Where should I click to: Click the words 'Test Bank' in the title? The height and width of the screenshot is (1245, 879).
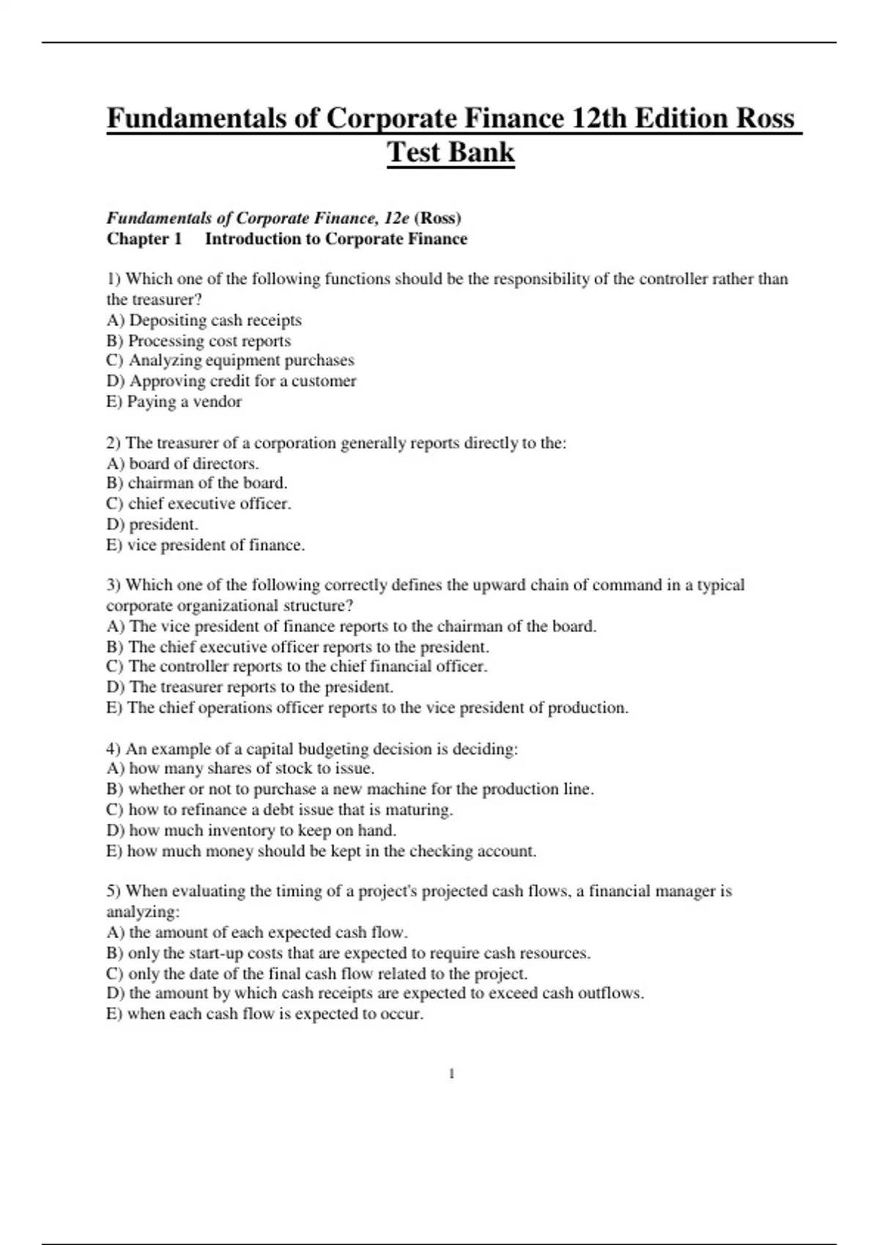point(450,152)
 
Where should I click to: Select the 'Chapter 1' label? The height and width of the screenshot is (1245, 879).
point(144,239)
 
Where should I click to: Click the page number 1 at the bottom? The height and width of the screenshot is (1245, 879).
point(451,1074)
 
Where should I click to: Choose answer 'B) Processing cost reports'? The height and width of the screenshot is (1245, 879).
point(199,341)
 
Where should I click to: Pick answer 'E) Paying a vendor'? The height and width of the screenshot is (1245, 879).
point(174,401)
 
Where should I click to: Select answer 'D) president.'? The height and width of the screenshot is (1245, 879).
point(152,524)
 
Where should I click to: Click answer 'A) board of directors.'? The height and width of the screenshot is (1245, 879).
point(182,464)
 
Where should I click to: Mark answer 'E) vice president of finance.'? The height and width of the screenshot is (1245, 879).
point(205,545)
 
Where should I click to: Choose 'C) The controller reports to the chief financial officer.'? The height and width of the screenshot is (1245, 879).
point(297,666)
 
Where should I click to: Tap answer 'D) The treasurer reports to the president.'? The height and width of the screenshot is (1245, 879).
point(250,687)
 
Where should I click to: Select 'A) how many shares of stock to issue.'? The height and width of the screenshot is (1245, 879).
point(240,768)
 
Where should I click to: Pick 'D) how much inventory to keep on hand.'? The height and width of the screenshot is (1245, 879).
point(251,830)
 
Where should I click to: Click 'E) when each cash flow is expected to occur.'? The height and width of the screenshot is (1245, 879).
point(264,1014)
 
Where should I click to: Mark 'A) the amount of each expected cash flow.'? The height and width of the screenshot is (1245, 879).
point(256,932)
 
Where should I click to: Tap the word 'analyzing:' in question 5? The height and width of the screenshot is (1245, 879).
point(143,912)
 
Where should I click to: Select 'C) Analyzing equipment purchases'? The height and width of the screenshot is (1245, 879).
point(230,360)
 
